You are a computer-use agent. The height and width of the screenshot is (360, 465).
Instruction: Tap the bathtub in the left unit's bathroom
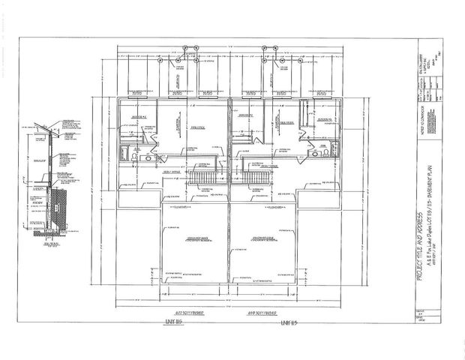[x=124, y=155]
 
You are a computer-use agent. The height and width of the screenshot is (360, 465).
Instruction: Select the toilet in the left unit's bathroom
[x=136, y=150]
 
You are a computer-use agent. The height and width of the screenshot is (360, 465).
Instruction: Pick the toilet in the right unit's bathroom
[x=319, y=153]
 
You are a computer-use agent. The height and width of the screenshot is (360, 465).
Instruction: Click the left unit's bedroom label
[x=138, y=118]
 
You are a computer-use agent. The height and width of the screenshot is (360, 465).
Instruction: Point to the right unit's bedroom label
[x=324, y=118]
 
